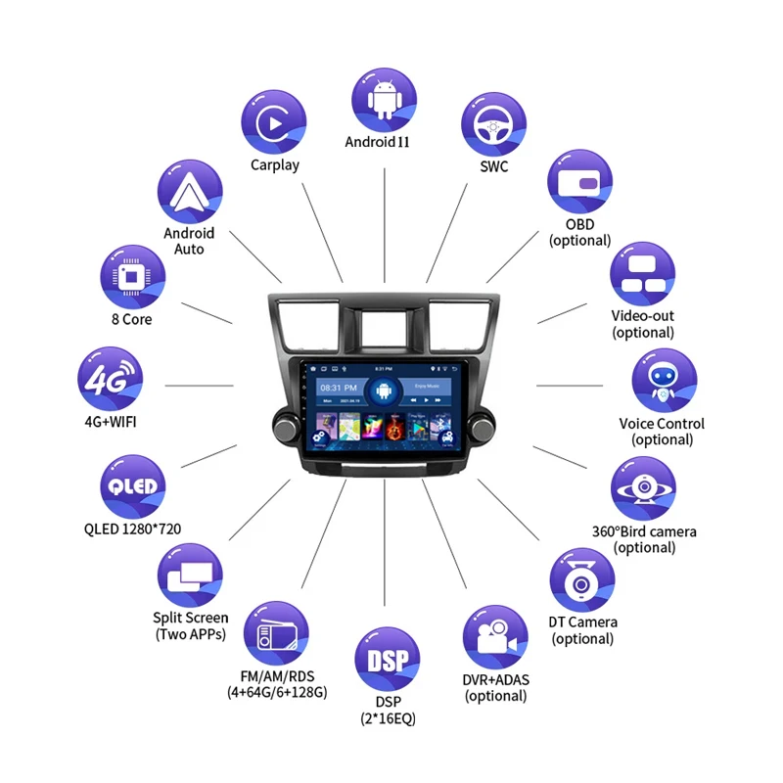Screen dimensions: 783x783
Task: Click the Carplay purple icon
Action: coord(274,121)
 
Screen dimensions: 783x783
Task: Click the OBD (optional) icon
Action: coord(579,183)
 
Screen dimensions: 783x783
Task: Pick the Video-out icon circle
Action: coord(643,274)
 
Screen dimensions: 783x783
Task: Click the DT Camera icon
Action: coord(582,580)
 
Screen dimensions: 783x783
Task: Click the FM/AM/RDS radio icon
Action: coord(275,635)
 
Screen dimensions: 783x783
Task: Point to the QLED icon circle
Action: coord(132,486)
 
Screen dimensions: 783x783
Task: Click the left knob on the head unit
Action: coord(287,427)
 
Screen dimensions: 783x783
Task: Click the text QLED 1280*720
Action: coord(132,530)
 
